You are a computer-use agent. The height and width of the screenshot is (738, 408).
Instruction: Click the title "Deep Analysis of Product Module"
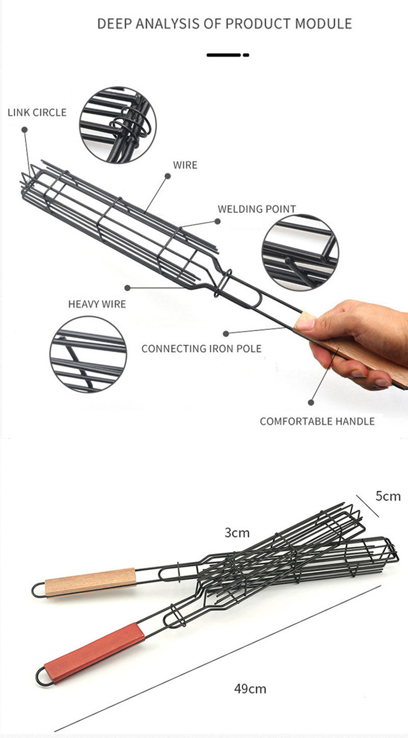click(224, 23)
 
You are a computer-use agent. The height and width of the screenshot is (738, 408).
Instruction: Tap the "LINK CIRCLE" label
click(37, 112)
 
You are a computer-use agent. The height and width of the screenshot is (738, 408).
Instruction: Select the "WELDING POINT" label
click(257, 209)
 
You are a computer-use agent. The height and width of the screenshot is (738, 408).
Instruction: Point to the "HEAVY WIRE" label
click(97, 304)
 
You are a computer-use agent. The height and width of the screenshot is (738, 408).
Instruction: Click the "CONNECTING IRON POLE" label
click(201, 349)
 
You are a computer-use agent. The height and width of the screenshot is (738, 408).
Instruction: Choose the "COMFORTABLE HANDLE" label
click(317, 421)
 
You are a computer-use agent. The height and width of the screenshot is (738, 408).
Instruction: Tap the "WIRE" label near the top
click(185, 165)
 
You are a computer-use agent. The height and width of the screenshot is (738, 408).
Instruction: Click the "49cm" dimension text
click(250, 689)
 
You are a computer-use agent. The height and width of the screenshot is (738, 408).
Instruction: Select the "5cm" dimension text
click(388, 496)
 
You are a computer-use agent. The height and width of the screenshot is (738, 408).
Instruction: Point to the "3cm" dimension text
click(237, 533)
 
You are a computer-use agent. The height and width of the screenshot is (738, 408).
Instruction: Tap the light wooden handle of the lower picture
click(90, 581)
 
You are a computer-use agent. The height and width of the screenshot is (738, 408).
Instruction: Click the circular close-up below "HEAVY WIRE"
click(88, 354)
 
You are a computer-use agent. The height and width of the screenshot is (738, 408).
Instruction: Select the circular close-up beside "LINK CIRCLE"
click(117, 124)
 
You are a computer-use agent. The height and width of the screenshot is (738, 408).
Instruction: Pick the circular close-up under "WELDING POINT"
click(300, 252)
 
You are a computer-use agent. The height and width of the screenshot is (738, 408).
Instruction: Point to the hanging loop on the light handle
click(38, 590)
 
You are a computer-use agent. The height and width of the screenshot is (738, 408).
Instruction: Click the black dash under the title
click(227, 55)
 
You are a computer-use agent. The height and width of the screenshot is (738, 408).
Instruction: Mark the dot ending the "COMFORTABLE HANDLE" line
click(311, 402)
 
